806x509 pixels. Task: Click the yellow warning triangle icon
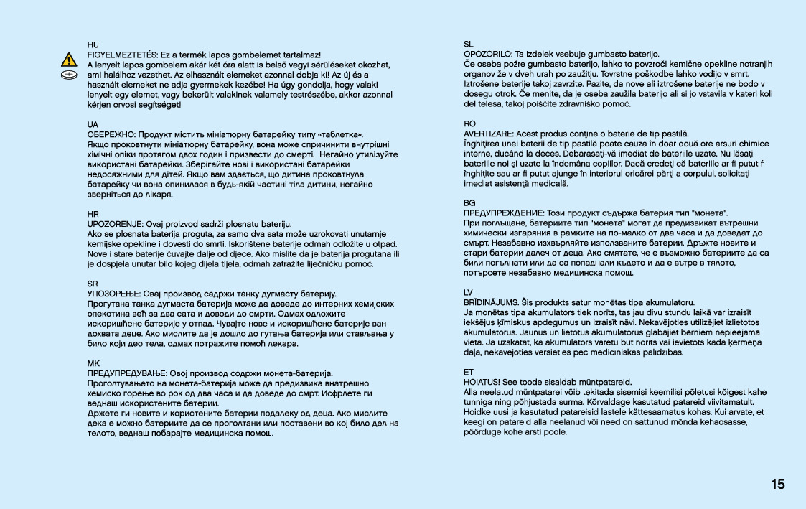69,60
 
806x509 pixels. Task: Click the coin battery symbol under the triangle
69,74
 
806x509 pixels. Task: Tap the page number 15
778,484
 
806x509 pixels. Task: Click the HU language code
92,45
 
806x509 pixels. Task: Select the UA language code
92,124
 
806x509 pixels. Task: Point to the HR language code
92,214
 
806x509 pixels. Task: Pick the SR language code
92,284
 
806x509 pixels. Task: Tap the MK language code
93,364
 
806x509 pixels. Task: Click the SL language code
469,45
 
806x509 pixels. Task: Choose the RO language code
470,124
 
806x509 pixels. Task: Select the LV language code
469,294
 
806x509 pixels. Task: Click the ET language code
469,373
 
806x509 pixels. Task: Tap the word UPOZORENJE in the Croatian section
114,224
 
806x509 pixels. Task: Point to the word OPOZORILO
488,55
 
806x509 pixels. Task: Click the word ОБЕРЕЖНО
111,134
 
